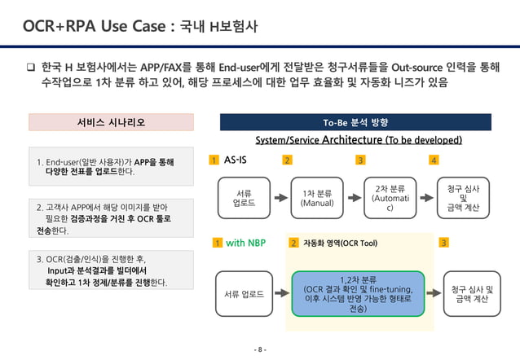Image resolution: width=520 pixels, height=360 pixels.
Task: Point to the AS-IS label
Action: coord(236,160)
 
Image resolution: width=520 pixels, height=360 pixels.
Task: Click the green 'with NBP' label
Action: coord(245,242)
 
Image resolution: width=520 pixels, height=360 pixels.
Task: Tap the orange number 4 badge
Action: coord(434,160)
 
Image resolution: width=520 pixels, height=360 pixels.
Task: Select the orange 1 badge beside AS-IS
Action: coord(214,160)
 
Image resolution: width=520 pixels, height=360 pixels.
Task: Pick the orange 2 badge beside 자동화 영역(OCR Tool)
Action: coord(293,242)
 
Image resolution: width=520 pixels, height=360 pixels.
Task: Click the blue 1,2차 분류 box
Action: coord(358,293)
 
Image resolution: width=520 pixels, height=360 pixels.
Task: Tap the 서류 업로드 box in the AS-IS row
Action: coord(243,198)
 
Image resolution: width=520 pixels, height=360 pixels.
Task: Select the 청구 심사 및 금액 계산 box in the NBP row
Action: coord(472,293)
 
